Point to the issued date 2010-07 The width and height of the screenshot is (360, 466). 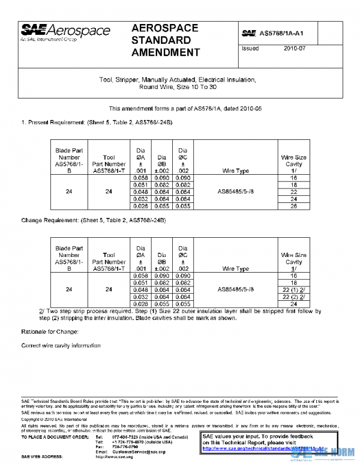(295, 49)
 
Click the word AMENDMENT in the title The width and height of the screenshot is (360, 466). (165, 53)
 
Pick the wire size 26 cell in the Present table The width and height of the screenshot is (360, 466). (293, 205)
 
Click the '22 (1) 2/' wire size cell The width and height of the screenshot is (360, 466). (293, 289)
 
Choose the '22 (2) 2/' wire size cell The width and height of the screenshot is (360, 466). (293, 297)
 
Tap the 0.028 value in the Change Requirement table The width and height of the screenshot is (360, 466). (139, 304)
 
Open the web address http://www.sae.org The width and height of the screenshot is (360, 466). (113, 456)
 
